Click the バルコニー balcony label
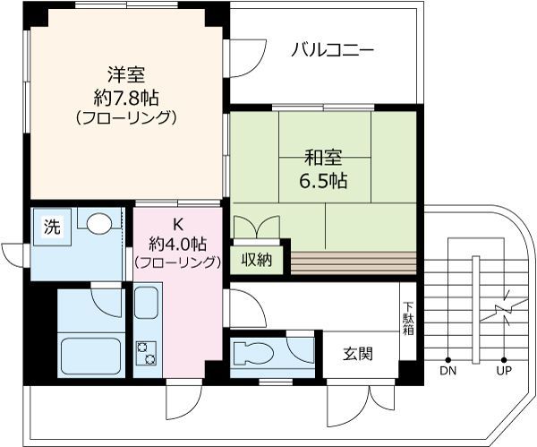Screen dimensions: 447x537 331,49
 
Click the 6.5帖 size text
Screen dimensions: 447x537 324,180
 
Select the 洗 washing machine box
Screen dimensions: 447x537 51,228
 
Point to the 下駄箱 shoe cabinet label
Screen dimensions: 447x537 408,317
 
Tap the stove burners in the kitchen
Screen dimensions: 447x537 145,352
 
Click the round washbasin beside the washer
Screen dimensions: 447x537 98,223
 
